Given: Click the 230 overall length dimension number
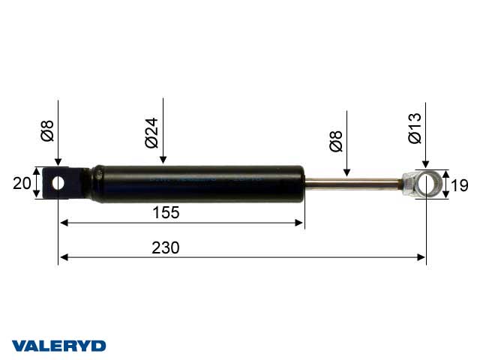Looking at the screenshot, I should tap(165, 248).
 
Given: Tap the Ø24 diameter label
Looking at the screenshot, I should tap(151, 132).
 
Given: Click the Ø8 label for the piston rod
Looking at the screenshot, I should tap(337, 142).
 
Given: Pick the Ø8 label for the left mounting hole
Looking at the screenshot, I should tap(47, 128).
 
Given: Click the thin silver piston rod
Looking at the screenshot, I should tap(352, 181).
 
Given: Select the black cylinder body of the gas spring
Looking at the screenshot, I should tap(195, 184).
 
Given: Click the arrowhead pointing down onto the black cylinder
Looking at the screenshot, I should tap(162, 160).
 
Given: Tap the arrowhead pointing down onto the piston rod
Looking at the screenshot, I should tap(346, 172).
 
